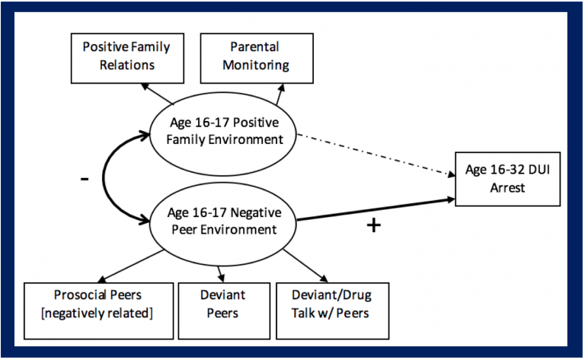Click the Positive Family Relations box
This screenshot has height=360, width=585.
coord(127,58)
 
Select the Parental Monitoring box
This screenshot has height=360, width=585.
coord(257,58)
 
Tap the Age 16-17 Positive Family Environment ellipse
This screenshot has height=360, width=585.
coord(223,134)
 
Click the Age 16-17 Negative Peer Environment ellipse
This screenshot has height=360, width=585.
coord(223,224)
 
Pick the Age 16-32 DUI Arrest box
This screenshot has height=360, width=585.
coord(507,179)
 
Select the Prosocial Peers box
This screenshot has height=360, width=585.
coord(98,311)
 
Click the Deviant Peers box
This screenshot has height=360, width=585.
coord(224,311)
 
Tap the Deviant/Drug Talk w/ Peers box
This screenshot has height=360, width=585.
coord(332,311)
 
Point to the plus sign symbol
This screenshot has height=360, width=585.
coord(373,225)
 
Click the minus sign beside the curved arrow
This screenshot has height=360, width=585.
coord(85,180)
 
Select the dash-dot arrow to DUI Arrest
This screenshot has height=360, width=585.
coord(376,155)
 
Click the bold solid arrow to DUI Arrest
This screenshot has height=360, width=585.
coord(376,210)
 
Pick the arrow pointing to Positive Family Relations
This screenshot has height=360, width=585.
coord(157,94)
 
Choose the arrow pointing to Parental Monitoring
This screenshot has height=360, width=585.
coord(280,94)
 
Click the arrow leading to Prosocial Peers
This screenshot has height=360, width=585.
coord(130,266)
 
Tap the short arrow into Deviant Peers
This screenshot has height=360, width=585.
coord(220,274)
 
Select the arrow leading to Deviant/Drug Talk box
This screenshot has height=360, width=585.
coord(305,266)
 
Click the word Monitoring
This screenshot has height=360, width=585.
coord(256,65)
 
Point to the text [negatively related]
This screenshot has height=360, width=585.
coord(97,313)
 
